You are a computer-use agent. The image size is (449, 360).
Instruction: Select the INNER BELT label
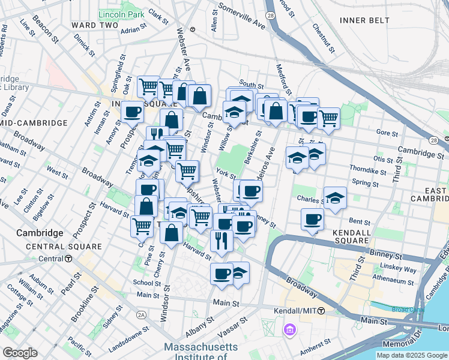coord(364,20)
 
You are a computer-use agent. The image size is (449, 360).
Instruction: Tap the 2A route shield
coord(142,314)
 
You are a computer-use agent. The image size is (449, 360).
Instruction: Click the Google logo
coord(20,352)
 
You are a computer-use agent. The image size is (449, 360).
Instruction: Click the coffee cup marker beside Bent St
coord(312,220)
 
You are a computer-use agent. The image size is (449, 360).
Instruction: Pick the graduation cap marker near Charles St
coord(335,198)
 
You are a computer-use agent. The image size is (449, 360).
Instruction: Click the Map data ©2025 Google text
coord(412,355)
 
